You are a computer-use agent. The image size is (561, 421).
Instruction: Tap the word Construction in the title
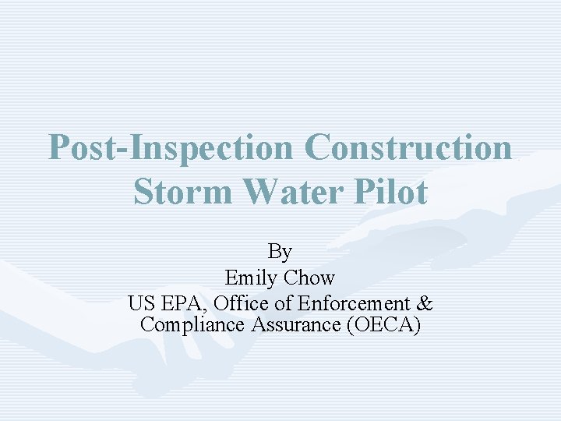click(x=410, y=147)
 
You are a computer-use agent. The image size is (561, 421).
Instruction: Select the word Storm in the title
click(x=182, y=192)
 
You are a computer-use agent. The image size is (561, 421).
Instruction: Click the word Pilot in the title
click(x=393, y=192)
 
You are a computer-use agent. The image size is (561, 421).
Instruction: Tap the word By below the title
click(x=280, y=252)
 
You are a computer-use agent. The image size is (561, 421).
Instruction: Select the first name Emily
click(x=252, y=278)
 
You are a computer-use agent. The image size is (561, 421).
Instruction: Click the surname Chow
click(x=309, y=278)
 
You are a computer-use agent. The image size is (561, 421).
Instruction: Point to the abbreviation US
click(x=142, y=302)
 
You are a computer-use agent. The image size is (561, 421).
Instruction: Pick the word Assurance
click(x=296, y=325)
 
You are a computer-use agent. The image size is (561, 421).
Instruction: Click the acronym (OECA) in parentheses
click(x=383, y=325)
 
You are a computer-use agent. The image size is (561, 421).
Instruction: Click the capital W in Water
click(x=250, y=192)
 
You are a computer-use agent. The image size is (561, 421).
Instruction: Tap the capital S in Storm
click(x=143, y=192)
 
